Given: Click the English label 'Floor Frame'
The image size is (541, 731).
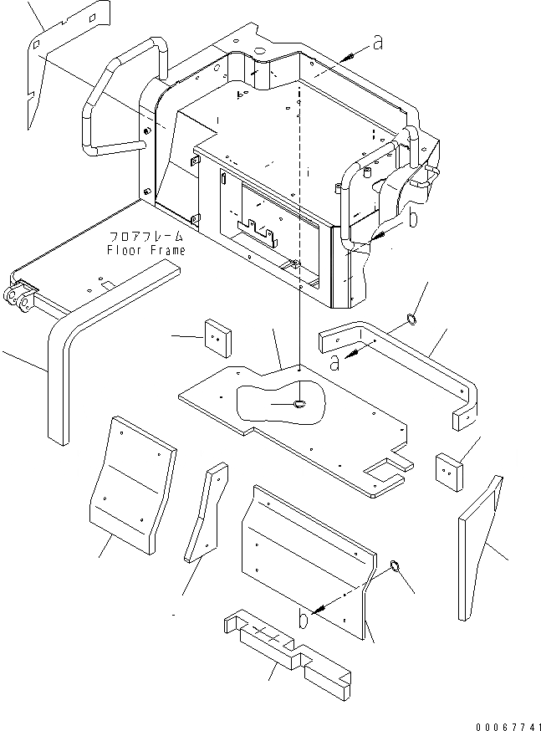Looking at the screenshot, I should (x=146, y=249).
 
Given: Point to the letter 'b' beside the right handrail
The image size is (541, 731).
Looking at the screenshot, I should (x=411, y=219).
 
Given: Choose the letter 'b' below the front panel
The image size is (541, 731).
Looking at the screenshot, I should (x=302, y=621).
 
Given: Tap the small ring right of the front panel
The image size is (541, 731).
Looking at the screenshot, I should (x=396, y=569).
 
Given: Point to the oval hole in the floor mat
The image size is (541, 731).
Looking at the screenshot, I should (x=299, y=405).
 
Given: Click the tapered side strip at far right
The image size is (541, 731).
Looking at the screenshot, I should (x=482, y=544).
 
